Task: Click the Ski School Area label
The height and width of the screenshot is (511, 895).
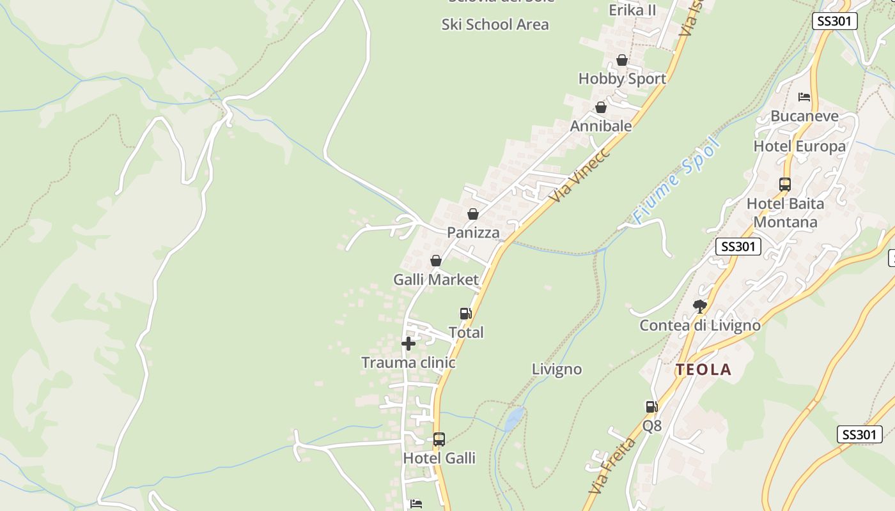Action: point(495,25)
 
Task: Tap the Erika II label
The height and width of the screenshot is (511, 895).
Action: point(632,10)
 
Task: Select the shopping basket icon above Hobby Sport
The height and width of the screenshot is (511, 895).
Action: point(622,61)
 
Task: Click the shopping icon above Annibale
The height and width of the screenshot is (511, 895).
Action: point(601,108)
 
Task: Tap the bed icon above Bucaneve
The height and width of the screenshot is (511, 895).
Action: point(804,97)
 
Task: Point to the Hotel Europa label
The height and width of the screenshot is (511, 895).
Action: point(799,146)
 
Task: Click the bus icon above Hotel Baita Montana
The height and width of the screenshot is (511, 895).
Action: point(785,185)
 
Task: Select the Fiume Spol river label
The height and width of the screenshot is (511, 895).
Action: point(676,180)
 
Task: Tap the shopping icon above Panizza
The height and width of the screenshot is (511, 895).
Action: point(473,214)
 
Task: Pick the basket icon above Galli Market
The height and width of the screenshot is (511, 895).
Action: point(436,261)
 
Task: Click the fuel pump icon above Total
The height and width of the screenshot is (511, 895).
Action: point(466,314)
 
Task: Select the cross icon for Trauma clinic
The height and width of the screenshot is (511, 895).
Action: point(409,344)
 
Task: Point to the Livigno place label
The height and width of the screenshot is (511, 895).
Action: point(557,369)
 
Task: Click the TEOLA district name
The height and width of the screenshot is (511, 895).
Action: point(704,369)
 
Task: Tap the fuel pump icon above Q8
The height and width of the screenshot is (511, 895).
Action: point(651,407)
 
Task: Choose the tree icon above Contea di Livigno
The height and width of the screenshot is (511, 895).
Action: point(700,307)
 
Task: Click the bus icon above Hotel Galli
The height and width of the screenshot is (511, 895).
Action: point(439,439)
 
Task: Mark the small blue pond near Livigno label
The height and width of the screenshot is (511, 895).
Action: point(514,419)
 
